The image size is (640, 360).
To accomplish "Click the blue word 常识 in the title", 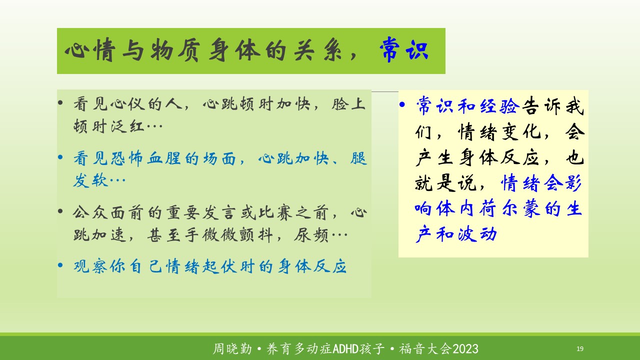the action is tap(404, 49).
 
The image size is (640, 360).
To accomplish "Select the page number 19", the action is tap(579, 348).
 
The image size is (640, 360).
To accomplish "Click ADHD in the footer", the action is tap(345, 349).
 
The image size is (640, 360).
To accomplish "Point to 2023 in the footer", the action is tap(465, 349).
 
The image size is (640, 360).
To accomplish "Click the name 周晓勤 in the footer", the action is tap(232, 349).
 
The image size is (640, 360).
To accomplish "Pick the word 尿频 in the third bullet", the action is tap(311, 235).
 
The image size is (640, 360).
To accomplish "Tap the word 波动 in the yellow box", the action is tap(477, 234).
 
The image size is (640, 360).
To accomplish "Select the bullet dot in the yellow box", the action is tap(402, 104).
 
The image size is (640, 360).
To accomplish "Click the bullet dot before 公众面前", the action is tap(60, 211).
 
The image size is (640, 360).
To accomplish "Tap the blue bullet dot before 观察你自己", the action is tap(60, 265).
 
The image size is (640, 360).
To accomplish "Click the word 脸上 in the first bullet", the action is tap(348, 103).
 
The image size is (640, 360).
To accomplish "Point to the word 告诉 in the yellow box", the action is tap(541, 106).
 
